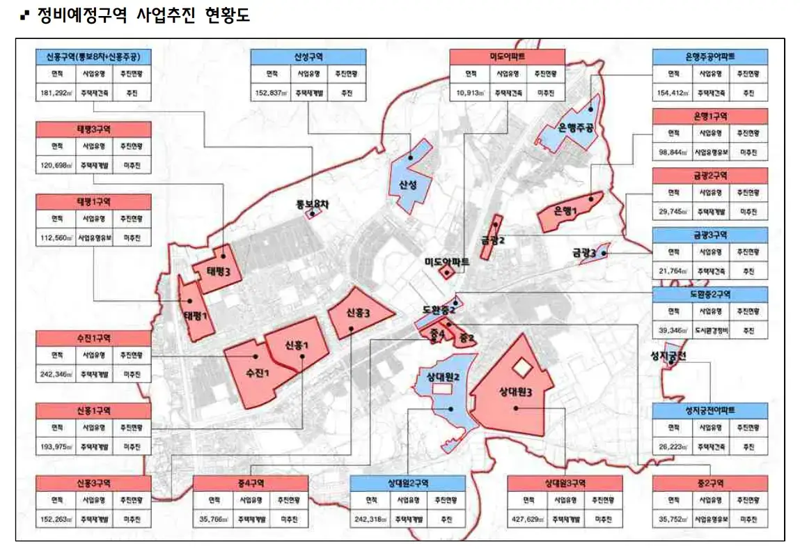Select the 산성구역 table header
tap(308, 57)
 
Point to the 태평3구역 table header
tap(93, 129)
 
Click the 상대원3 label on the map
tap(516, 393)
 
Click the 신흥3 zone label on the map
tap(357, 313)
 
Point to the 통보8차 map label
tap(311, 203)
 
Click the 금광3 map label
tap(584, 254)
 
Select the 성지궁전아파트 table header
tap(709, 410)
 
